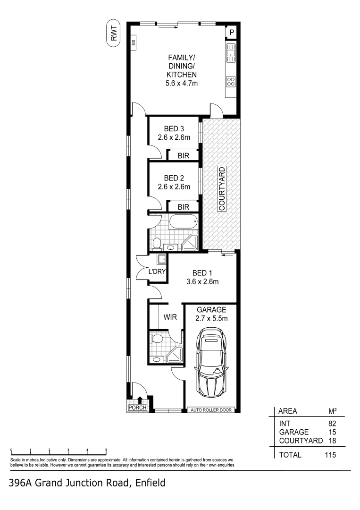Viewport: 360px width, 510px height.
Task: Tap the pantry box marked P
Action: point(232,32)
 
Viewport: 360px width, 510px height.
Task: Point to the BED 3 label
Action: point(174,129)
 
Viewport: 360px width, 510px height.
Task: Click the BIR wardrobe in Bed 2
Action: point(184,207)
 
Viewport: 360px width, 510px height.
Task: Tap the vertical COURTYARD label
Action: point(221,188)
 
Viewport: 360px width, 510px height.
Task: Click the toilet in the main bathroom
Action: point(157,243)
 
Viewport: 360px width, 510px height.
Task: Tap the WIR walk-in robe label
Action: point(170,317)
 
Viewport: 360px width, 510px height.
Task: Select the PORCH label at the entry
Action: point(138,408)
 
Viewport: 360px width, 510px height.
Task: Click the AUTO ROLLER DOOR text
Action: point(211,410)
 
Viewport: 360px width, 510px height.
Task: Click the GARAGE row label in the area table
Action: point(293,432)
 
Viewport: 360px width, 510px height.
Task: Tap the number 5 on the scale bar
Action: point(106,450)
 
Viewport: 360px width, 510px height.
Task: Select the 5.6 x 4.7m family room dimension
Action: point(181,84)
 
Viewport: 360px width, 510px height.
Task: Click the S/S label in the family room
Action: point(134,43)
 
